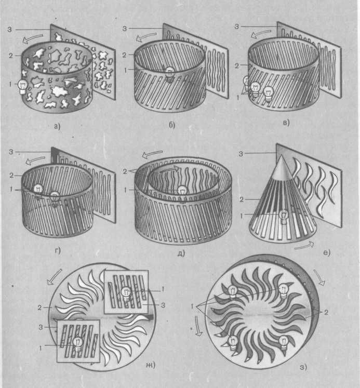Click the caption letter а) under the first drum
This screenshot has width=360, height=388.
click(x=57, y=126)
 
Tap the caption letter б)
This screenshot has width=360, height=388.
click(x=172, y=125)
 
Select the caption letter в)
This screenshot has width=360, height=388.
click(x=286, y=123)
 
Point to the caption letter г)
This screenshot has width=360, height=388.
click(x=58, y=250)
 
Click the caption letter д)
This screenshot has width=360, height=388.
click(x=181, y=253)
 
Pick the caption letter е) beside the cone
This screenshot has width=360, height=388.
click(x=327, y=252)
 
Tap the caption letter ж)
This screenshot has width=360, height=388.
click(x=151, y=365)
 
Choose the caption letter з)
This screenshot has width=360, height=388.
click(x=303, y=367)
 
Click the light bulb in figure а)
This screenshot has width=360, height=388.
click(x=22, y=87)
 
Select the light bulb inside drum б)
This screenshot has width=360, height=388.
click(x=170, y=74)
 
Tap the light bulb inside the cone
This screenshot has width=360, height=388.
click(x=284, y=216)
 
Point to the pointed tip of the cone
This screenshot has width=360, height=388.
click(x=282, y=155)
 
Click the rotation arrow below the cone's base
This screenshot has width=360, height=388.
click(x=305, y=246)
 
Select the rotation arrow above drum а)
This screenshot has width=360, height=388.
click(x=32, y=38)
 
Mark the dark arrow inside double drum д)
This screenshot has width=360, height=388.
click(x=169, y=169)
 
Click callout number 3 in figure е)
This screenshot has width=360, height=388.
click(x=241, y=154)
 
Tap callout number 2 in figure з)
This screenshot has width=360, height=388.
click(x=326, y=313)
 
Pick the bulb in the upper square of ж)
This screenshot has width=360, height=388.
click(x=126, y=293)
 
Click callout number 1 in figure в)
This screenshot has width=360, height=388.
click(x=238, y=98)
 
